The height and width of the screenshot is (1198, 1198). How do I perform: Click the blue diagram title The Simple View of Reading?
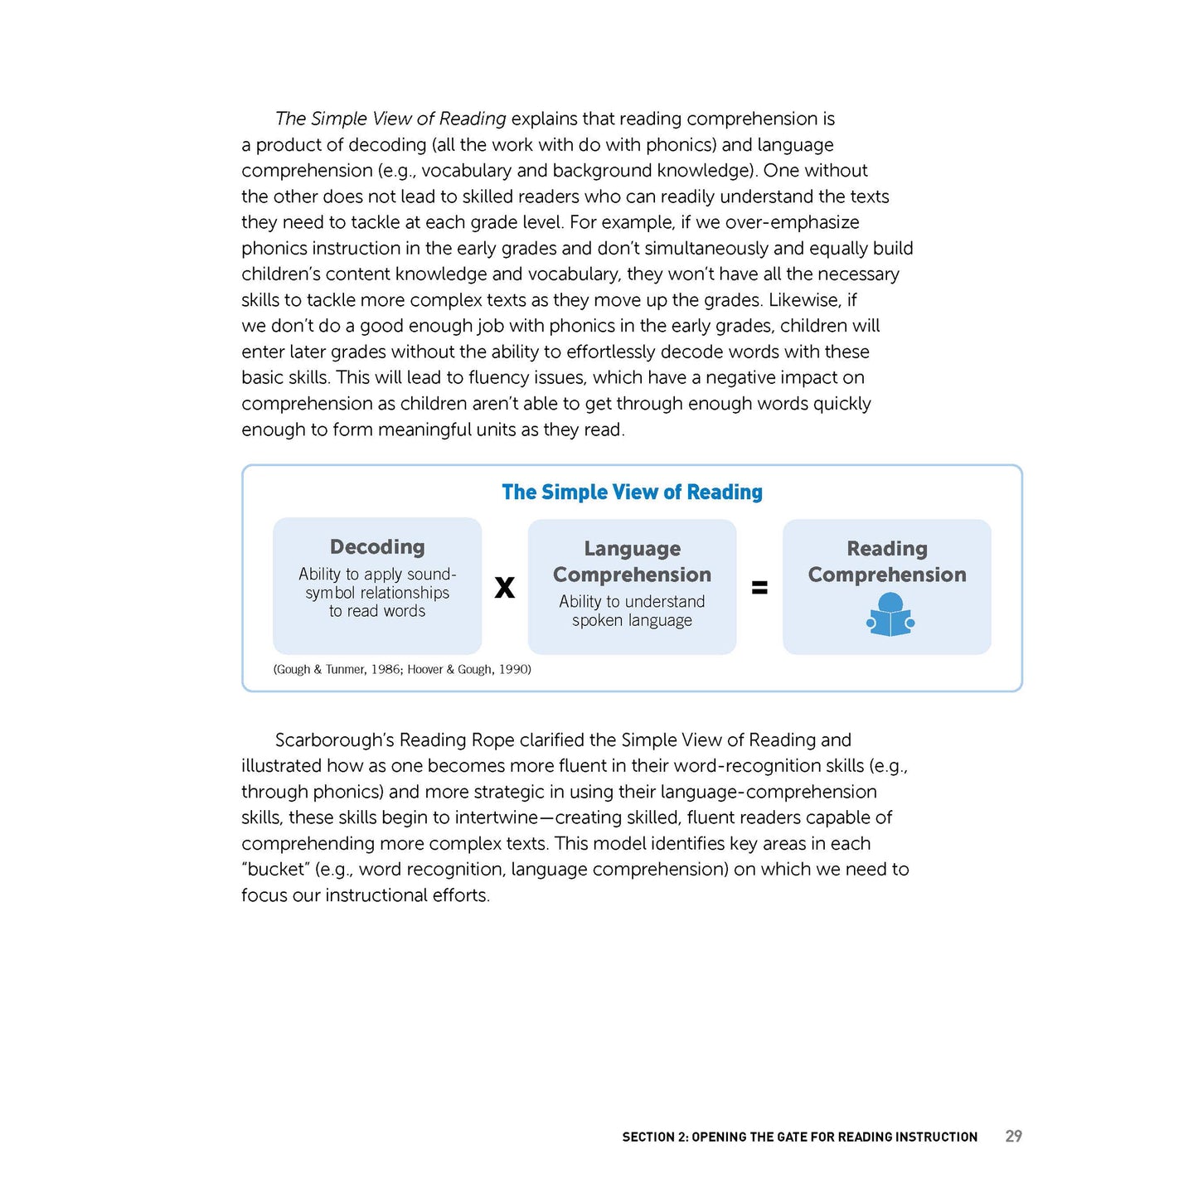click(632, 492)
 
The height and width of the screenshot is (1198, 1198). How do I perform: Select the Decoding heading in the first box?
click(377, 547)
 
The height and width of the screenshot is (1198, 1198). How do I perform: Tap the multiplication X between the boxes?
click(504, 588)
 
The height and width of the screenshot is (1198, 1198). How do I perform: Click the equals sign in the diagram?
click(759, 588)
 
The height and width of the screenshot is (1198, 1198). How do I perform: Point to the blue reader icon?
click(890, 616)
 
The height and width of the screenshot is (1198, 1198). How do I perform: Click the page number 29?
click(1013, 1137)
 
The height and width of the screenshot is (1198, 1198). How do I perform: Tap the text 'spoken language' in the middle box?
click(632, 621)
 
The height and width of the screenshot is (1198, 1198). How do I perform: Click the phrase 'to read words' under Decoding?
click(377, 612)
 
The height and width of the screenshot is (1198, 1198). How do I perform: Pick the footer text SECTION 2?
click(655, 1137)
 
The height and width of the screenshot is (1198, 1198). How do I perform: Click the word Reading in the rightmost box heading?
click(887, 549)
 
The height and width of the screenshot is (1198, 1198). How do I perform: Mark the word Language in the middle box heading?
click(632, 549)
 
